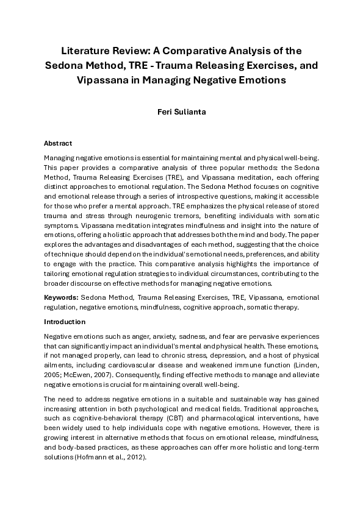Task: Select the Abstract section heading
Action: click(x=58, y=143)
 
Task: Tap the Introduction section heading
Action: click(x=65, y=322)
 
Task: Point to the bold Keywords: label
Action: click(x=61, y=297)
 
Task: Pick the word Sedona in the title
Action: click(x=67, y=65)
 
